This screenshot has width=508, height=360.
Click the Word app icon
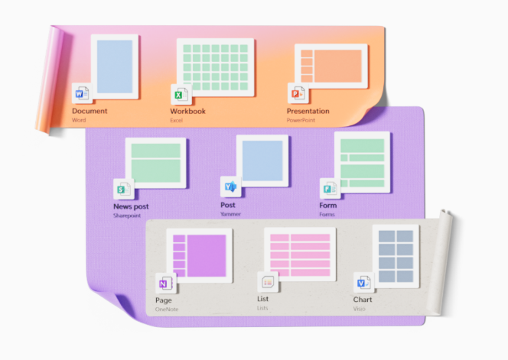81,93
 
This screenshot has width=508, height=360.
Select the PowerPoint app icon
297,93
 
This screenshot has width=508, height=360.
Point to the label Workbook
187,111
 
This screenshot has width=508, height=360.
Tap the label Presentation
308,111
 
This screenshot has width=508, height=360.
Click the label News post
131,206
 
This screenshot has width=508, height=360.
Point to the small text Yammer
230,215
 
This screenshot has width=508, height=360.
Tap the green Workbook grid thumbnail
215,67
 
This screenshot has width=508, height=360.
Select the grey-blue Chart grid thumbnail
396,255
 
